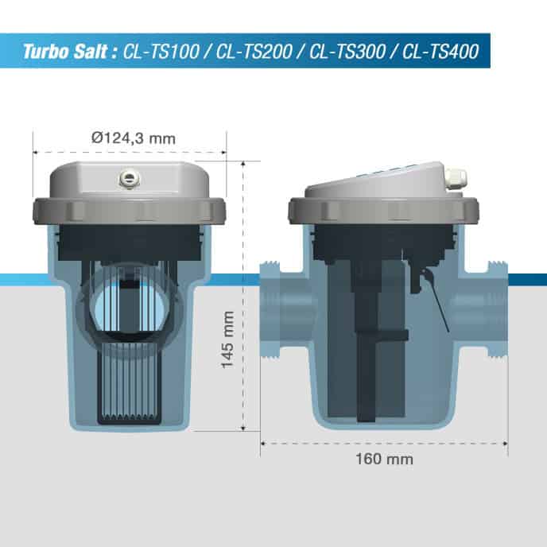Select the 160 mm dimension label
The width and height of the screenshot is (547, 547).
coord(386,459)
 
